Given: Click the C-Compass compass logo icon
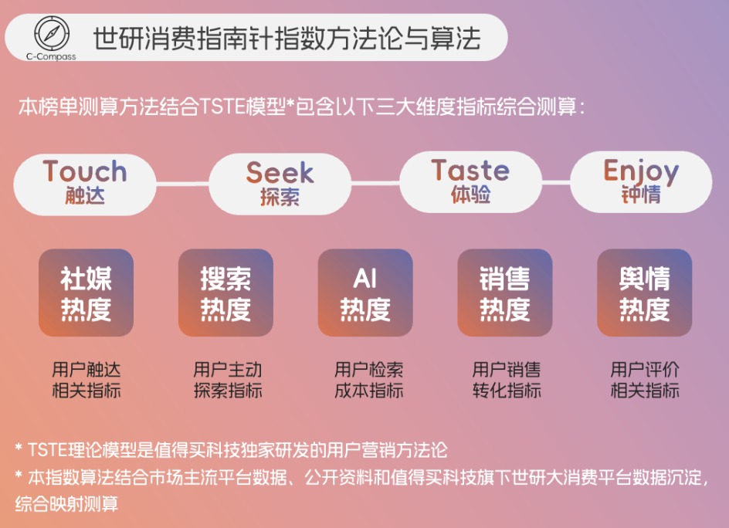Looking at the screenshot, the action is pos(52,33).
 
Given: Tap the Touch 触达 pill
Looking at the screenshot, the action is pos(85,184).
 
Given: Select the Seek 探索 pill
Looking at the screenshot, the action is pos(280,184).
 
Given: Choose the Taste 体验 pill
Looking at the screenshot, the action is pos(470,182).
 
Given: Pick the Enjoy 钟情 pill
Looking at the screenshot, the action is pos(641,182).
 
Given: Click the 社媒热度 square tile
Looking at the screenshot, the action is pos(86,293).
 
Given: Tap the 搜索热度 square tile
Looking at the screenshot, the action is pos(225,293).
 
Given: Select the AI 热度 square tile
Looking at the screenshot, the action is pos(365,293).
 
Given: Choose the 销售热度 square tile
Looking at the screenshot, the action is pos(505,293).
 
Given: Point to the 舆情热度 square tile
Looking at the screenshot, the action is pos(644,293).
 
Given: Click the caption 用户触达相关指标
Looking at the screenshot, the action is pos(86,380).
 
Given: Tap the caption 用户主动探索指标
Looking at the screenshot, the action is pos(228,380).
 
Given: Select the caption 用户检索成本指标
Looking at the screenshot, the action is pos(368,380).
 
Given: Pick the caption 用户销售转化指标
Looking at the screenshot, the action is pos(507,380).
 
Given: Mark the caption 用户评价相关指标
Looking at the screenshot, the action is pos(645,380).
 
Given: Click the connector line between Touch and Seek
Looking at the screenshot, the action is pos(183,184).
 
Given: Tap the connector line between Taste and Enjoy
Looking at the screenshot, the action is pos(556,182).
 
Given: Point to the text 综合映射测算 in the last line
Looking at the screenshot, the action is pos(66,504).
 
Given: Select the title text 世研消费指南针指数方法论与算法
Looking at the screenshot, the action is pos(287,38).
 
